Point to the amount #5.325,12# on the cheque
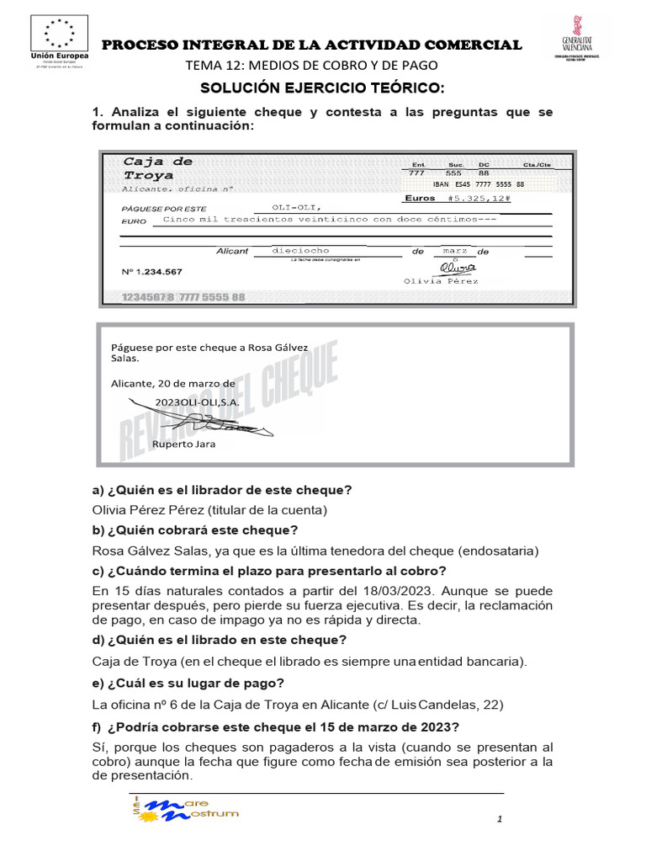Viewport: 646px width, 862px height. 480,199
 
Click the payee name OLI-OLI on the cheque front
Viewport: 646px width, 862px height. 296,207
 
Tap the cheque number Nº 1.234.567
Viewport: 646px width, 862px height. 152,271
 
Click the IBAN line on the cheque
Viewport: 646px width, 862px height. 478,184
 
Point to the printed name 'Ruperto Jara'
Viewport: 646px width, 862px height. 183,444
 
